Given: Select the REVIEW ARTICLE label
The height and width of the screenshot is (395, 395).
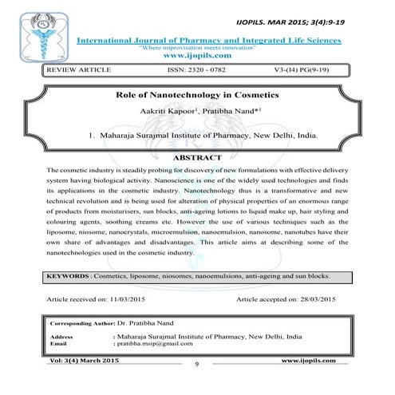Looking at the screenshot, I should click(74, 72).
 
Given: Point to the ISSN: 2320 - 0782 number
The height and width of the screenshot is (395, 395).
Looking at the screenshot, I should click(200, 72).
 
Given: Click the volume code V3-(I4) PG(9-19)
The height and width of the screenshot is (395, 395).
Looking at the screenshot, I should click(314, 72).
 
